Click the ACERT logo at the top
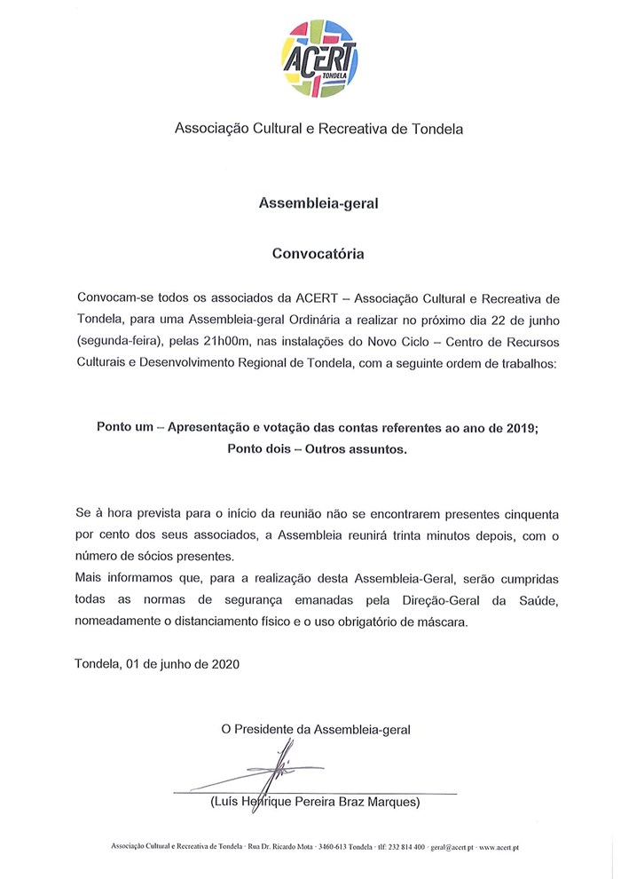pos(318,58)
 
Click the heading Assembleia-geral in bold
pos(318,203)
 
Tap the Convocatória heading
pos(318,253)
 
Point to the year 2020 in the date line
pos(224,663)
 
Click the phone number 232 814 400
pos(407,848)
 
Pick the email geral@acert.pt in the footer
pos(454,848)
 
